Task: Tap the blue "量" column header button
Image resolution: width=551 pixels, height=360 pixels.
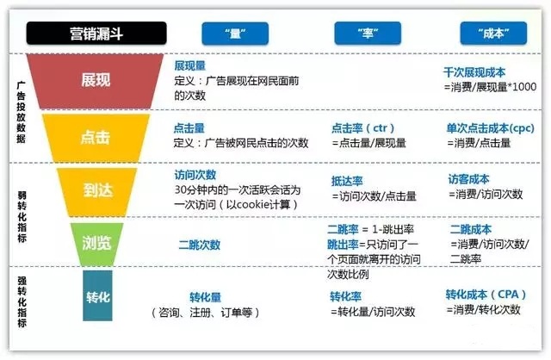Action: coord(231,34)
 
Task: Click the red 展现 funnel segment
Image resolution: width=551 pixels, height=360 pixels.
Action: coord(95,79)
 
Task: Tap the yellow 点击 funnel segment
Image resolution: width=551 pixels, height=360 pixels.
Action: coord(95,137)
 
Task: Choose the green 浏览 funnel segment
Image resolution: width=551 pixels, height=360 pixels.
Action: coord(95,244)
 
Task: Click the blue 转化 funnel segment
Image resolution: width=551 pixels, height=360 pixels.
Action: coord(96,297)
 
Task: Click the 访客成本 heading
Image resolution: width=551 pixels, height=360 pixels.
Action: coord(469,179)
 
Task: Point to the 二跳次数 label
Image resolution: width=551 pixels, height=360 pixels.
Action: coord(199,245)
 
